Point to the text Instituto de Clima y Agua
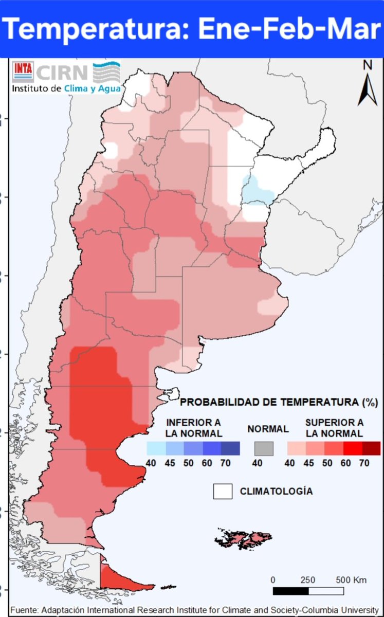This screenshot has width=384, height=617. (66, 88)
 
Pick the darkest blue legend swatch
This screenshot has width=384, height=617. (230, 448)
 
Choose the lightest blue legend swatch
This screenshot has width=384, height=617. (156, 448)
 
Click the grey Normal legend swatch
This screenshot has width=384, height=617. (264, 448)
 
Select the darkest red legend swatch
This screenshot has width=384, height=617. (371, 448)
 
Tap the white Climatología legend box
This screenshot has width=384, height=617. (223, 492)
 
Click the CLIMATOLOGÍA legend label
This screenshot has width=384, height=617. (276, 492)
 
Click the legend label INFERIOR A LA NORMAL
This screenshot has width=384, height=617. (193, 428)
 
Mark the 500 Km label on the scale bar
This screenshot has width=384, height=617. (351, 580)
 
